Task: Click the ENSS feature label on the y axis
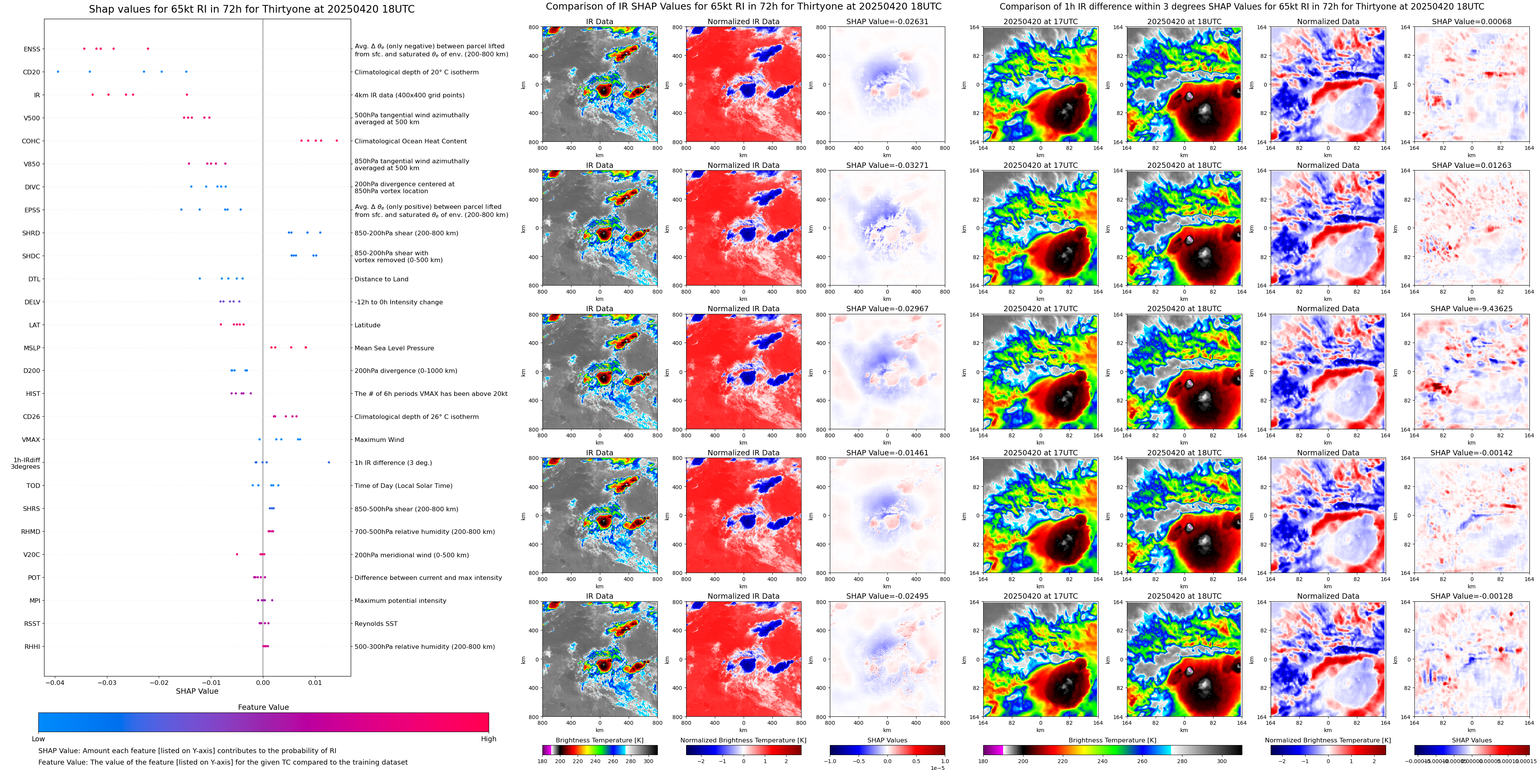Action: click(32, 49)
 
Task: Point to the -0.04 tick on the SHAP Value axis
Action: click(55, 682)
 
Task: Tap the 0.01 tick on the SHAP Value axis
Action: click(315, 682)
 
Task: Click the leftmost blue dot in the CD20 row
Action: click(58, 72)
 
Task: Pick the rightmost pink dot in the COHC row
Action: click(337, 140)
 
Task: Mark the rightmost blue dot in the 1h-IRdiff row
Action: click(328, 462)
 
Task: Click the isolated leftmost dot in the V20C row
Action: click(237, 554)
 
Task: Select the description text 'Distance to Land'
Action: click(381, 279)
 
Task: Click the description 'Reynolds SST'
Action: click(376, 624)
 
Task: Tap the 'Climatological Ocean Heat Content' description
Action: click(411, 141)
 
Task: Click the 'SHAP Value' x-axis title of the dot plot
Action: click(197, 691)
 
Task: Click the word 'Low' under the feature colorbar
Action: click(38, 739)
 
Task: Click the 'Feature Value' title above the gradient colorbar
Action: click(263, 707)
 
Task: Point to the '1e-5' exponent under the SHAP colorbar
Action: click(937, 768)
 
